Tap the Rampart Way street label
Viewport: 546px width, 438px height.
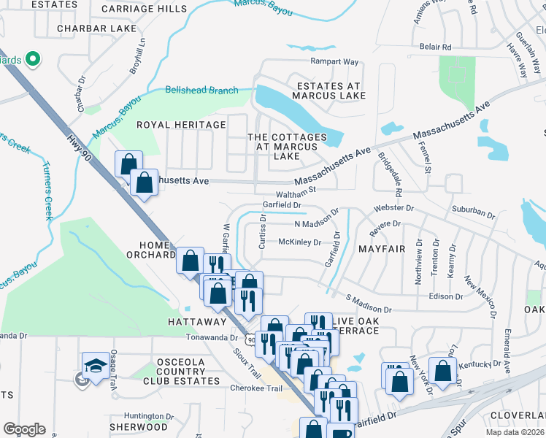click(x=334, y=61)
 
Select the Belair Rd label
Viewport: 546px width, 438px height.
click(x=435, y=47)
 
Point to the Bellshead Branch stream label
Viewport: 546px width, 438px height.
click(x=201, y=91)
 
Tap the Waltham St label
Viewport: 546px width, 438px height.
click(x=296, y=192)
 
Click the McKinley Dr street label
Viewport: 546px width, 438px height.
click(x=299, y=242)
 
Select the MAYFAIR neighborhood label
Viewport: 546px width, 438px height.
click(x=382, y=249)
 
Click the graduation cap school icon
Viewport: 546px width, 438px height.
click(x=96, y=366)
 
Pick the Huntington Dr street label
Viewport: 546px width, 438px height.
click(x=149, y=416)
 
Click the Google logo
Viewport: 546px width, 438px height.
click(x=24, y=429)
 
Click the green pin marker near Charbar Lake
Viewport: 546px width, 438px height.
click(x=32, y=58)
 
